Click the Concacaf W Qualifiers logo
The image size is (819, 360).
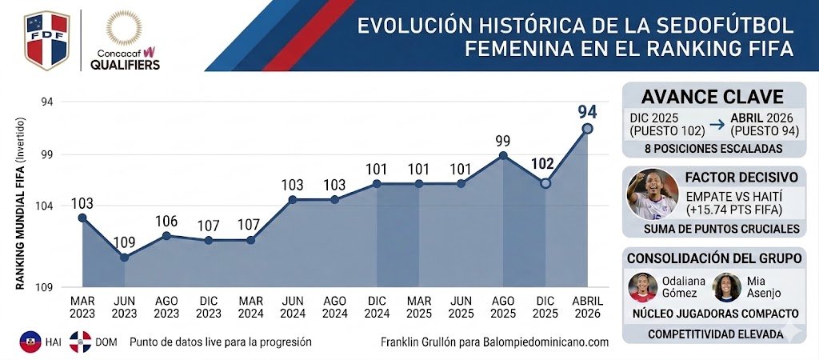coord(125,40)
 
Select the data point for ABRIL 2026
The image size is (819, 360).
coord(587,128)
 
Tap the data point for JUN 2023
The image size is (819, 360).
coord(124,257)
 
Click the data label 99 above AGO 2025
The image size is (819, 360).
coord(502,140)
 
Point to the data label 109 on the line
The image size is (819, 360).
coord(124,241)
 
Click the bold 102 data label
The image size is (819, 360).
coord(543,164)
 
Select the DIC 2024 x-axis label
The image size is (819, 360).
coord(376,307)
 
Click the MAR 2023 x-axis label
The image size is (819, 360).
coord(82,307)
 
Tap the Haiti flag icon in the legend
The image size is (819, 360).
coord(30,342)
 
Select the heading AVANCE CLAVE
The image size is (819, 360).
coord(713,97)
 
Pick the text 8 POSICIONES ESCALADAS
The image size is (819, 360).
coord(713,150)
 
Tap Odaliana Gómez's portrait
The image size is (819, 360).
coord(642,287)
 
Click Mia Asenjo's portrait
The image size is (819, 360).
coord(726,287)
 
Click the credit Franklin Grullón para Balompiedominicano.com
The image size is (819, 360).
coord(494,342)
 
